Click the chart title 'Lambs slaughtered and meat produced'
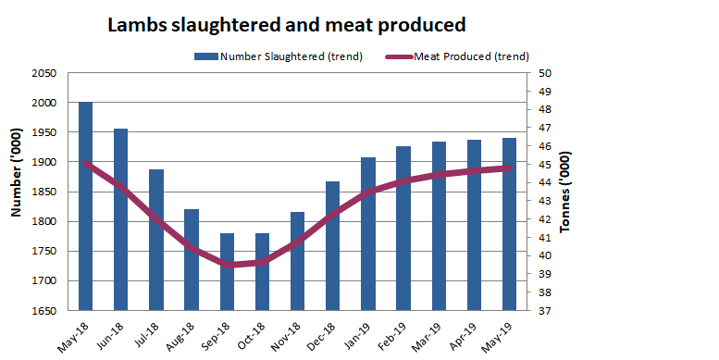[x=286, y=25]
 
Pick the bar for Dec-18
[x=333, y=245]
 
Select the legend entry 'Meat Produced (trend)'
[x=468, y=56]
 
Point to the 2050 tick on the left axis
[x=43, y=73]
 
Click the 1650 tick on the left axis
[x=43, y=311]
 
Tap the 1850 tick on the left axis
[x=43, y=192]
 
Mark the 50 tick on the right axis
[x=544, y=73]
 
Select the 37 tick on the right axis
[x=544, y=311]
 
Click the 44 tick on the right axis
[x=544, y=183]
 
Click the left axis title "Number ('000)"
[x=16, y=192]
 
